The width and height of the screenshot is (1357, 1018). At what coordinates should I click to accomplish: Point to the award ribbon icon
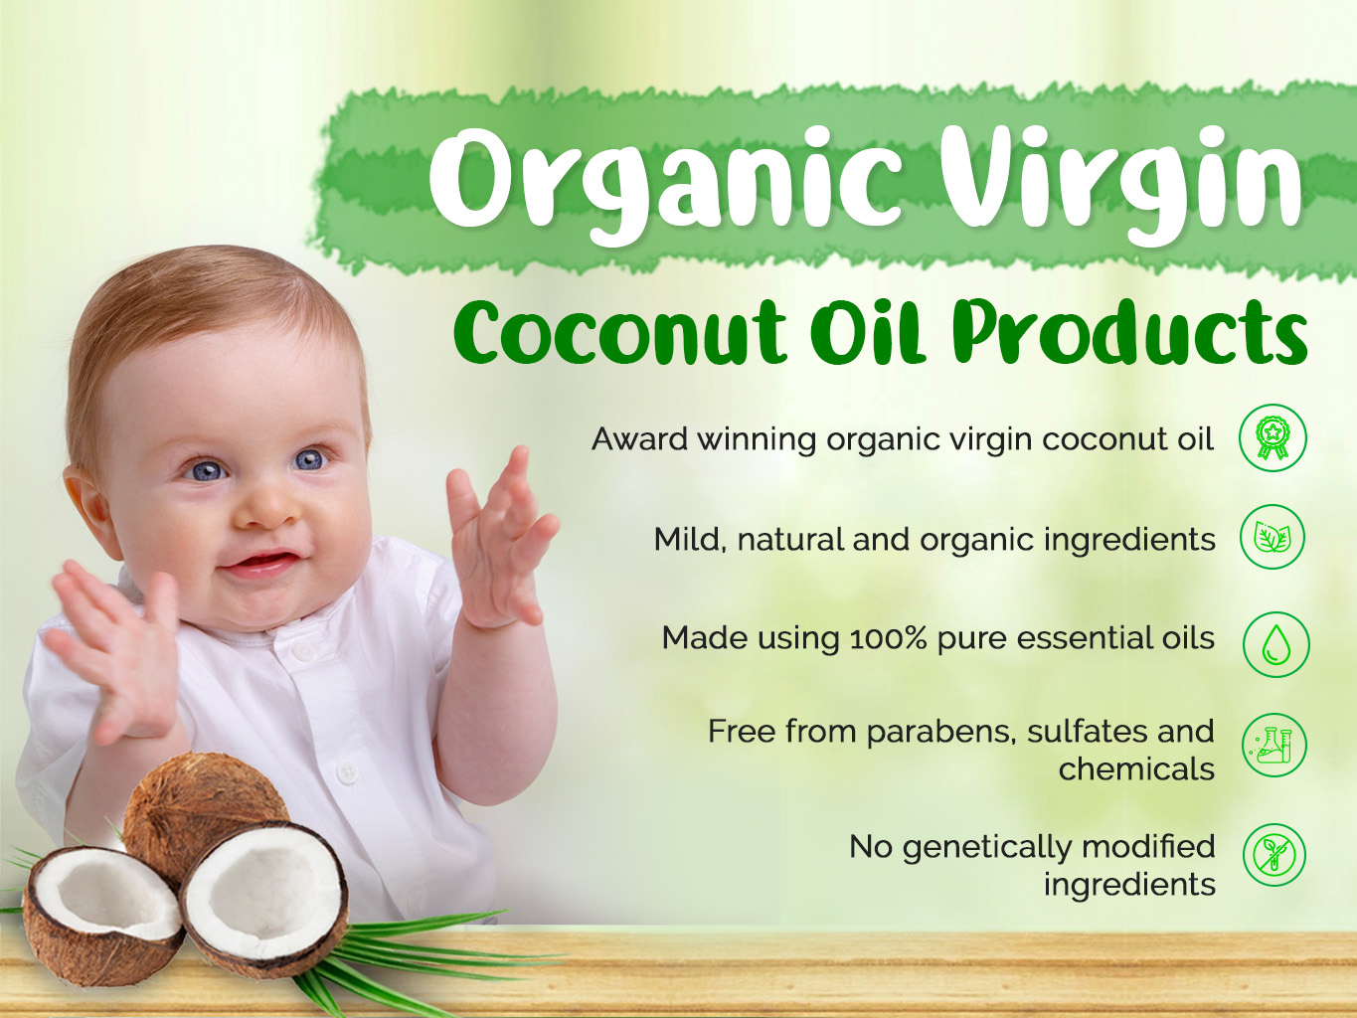1272,437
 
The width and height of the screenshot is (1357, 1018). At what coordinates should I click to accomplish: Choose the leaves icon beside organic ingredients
1272,537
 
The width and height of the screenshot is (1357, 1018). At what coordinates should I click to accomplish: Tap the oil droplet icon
1276,644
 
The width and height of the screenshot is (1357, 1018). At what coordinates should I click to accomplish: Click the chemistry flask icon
1274,745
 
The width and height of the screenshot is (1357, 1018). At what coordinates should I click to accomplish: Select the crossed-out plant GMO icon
1274,855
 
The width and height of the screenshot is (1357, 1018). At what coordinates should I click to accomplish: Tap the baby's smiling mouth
263,564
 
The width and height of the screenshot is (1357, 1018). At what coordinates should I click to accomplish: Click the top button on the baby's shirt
303,651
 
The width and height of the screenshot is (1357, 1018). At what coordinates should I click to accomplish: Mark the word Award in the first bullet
639,438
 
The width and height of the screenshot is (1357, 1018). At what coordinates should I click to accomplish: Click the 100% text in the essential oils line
888,638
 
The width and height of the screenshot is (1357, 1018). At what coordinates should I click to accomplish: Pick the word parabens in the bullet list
941,733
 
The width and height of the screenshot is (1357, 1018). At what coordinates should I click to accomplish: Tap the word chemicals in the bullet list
1136,768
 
